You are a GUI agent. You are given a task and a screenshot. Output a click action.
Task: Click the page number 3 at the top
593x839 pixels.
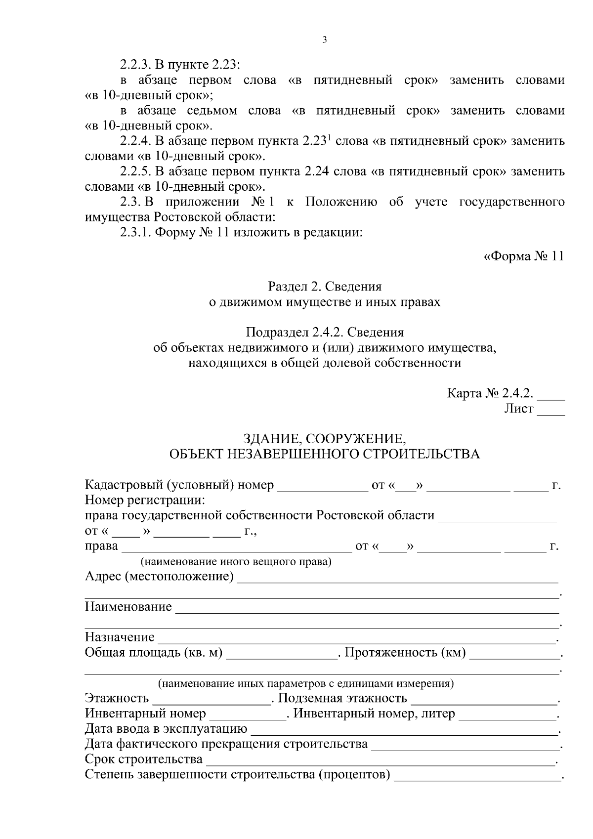click(324, 41)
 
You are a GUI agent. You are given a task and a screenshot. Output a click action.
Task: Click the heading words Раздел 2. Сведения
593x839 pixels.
click(325, 287)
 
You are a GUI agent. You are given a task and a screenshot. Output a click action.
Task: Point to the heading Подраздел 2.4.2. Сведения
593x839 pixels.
click(325, 332)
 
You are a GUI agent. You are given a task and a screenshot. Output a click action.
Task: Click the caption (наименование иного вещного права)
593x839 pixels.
click(236, 562)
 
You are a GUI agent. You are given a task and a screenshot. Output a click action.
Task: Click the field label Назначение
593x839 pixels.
click(120, 637)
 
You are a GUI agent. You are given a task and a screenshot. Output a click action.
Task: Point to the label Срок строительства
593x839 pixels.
click(144, 759)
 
